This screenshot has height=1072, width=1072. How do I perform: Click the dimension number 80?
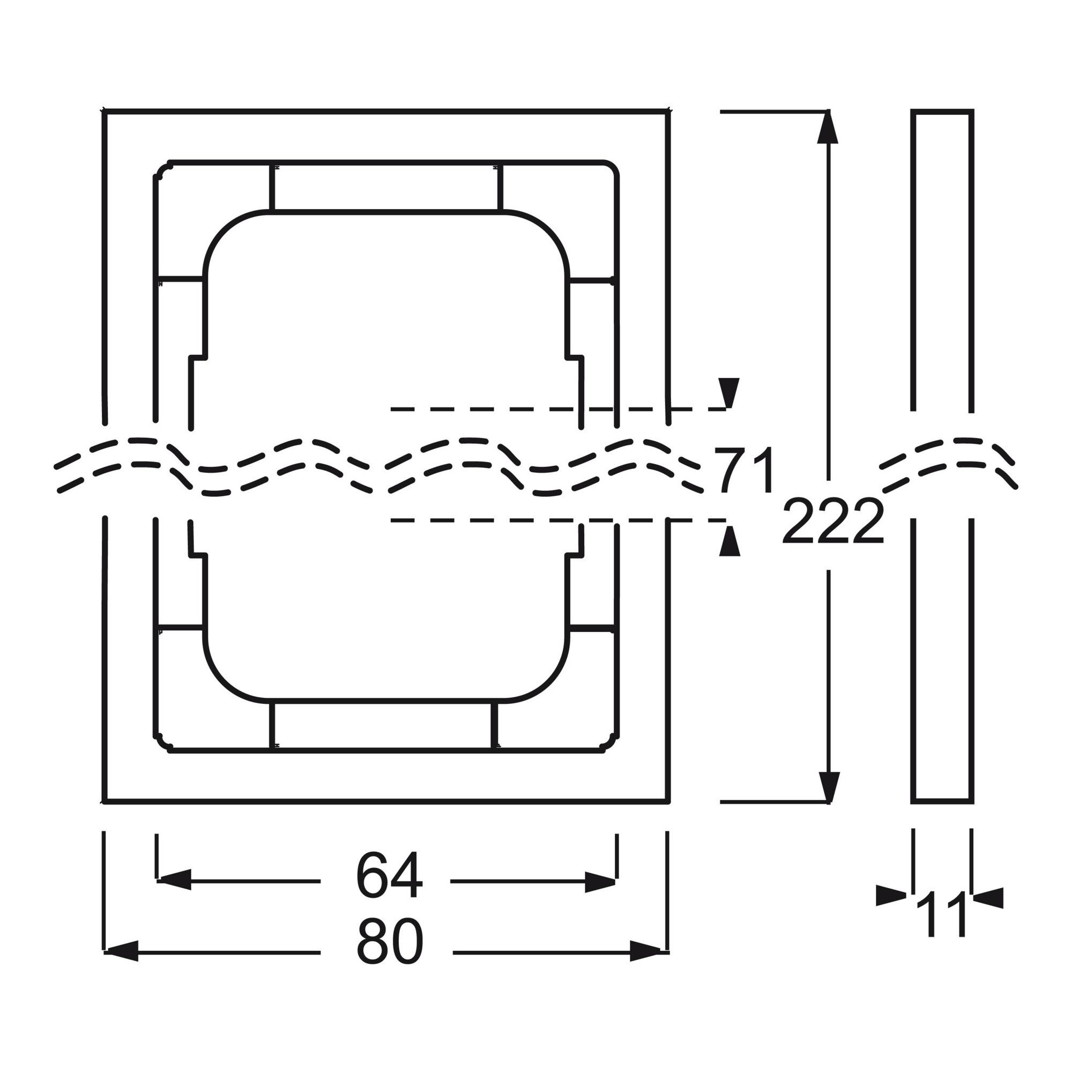(x=390, y=951)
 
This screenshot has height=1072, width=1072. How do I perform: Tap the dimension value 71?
(x=743, y=471)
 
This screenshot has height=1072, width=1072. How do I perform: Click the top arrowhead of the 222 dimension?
(x=828, y=126)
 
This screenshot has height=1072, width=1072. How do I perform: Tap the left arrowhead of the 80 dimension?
(x=121, y=951)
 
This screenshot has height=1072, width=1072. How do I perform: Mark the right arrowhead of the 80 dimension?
(x=647, y=951)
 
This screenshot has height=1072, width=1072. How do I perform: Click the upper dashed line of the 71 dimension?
(x=558, y=409)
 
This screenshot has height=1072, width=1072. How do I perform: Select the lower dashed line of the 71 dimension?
(x=558, y=520)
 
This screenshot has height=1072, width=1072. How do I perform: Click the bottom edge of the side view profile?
(x=942, y=801)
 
